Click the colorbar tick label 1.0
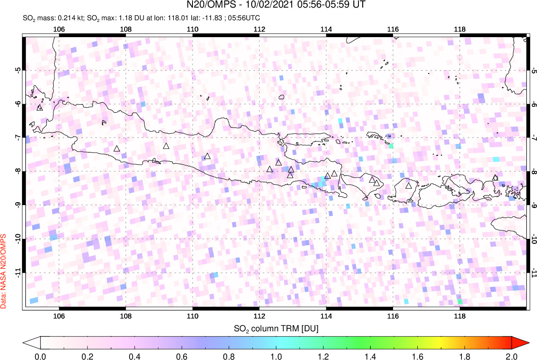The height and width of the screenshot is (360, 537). point(276,356)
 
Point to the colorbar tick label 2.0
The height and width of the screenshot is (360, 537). point(512,356)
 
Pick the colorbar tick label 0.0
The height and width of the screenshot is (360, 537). point(41,356)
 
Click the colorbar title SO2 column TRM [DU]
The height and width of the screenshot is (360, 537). point(276,328)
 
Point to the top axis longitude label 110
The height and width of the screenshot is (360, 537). point(193,29)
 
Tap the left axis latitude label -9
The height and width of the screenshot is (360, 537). point(18,206)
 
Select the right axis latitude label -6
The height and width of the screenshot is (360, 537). point(534,104)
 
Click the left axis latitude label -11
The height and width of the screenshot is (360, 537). point(18,273)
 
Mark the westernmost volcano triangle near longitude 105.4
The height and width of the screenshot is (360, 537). point(40,108)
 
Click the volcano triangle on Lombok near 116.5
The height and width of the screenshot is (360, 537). point(408,185)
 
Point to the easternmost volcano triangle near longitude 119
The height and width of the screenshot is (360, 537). point(495,178)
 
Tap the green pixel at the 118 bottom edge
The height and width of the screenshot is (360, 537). point(460,302)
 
